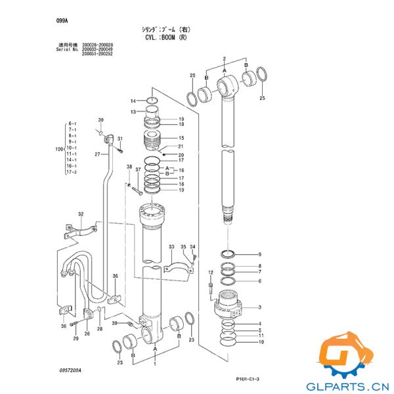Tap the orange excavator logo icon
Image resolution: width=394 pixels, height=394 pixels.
345,355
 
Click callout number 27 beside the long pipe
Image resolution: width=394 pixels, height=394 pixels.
97,154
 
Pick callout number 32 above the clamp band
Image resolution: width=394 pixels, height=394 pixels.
81,214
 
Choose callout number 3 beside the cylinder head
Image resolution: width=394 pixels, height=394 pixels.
259,307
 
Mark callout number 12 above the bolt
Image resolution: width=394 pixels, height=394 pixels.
210,272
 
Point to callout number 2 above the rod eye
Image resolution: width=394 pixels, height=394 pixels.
224,59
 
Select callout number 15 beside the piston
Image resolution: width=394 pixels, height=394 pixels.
181,138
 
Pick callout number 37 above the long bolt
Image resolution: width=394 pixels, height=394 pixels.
138,170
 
